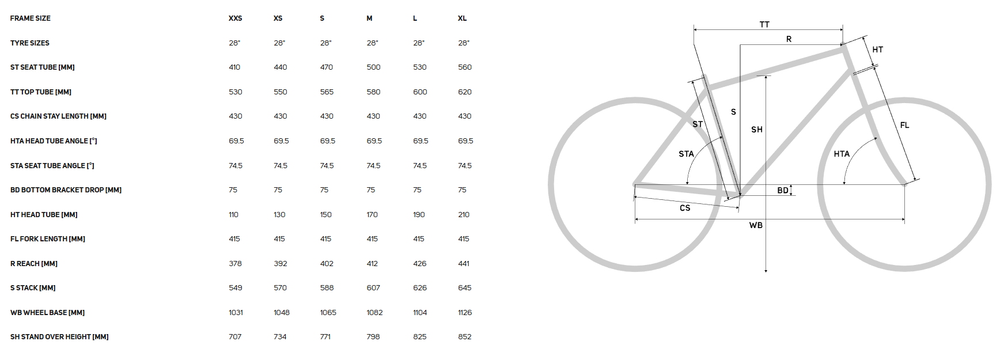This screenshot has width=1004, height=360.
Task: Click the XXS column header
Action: point(235,18)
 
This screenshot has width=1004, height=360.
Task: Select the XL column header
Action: point(462,18)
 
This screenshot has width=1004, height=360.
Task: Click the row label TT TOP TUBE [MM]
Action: point(41,92)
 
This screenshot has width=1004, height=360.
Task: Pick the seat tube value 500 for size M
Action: point(373,67)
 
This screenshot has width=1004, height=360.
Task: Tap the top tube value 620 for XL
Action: point(465,92)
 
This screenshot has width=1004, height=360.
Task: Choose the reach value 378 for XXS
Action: point(235,264)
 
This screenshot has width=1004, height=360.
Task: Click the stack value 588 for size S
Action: point(327,288)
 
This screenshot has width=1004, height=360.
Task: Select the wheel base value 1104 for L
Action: point(420,313)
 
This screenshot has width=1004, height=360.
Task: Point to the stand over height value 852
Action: point(465,337)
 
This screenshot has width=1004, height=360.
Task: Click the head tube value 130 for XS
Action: point(279,215)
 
